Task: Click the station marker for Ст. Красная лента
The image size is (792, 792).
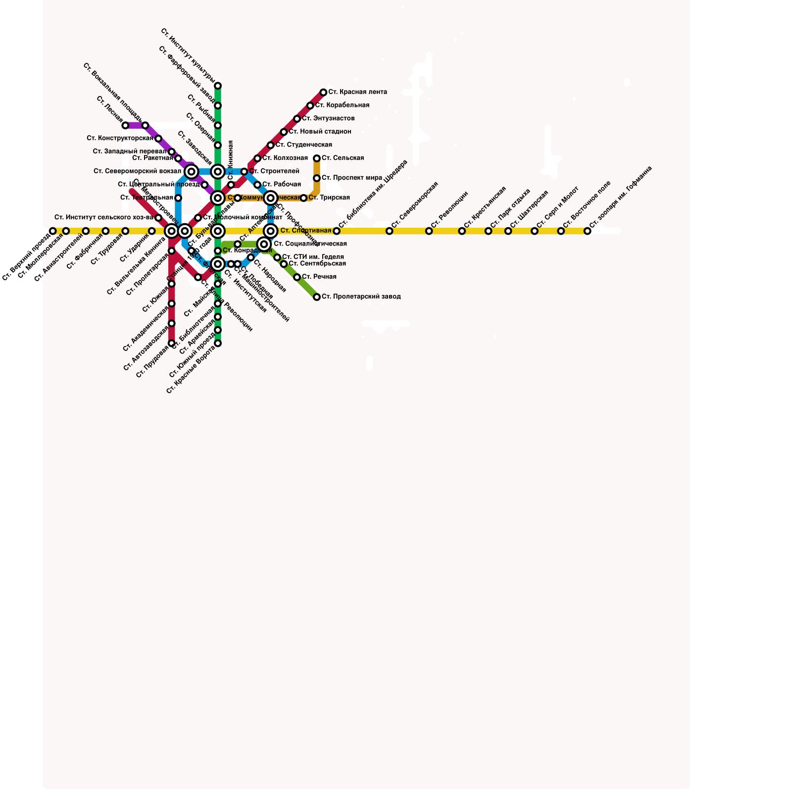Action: tap(323, 93)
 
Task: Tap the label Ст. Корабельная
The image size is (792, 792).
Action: tap(342, 105)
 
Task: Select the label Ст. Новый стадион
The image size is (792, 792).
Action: tap(320, 132)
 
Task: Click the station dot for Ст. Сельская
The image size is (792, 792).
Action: tap(317, 158)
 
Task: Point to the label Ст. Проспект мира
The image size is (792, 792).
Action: tap(351, 178)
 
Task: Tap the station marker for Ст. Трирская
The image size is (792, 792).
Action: tap(303, 198)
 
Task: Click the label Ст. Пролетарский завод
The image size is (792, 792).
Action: tap(361, 297)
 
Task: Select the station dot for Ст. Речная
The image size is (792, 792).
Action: tap(297, 277)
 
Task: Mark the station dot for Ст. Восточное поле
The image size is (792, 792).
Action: tap(561, 231)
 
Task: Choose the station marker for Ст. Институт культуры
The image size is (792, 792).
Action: tap(218, 86)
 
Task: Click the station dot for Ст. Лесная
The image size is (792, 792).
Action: tap(125, 125)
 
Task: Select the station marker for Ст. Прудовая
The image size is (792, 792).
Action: tap(171, 343)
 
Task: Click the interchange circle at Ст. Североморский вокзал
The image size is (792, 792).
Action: tap(192, 172)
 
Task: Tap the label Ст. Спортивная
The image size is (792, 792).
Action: tap(305, 231)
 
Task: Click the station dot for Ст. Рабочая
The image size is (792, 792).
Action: tap(257, 185)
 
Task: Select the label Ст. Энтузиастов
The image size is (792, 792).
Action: tap(328, 119)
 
